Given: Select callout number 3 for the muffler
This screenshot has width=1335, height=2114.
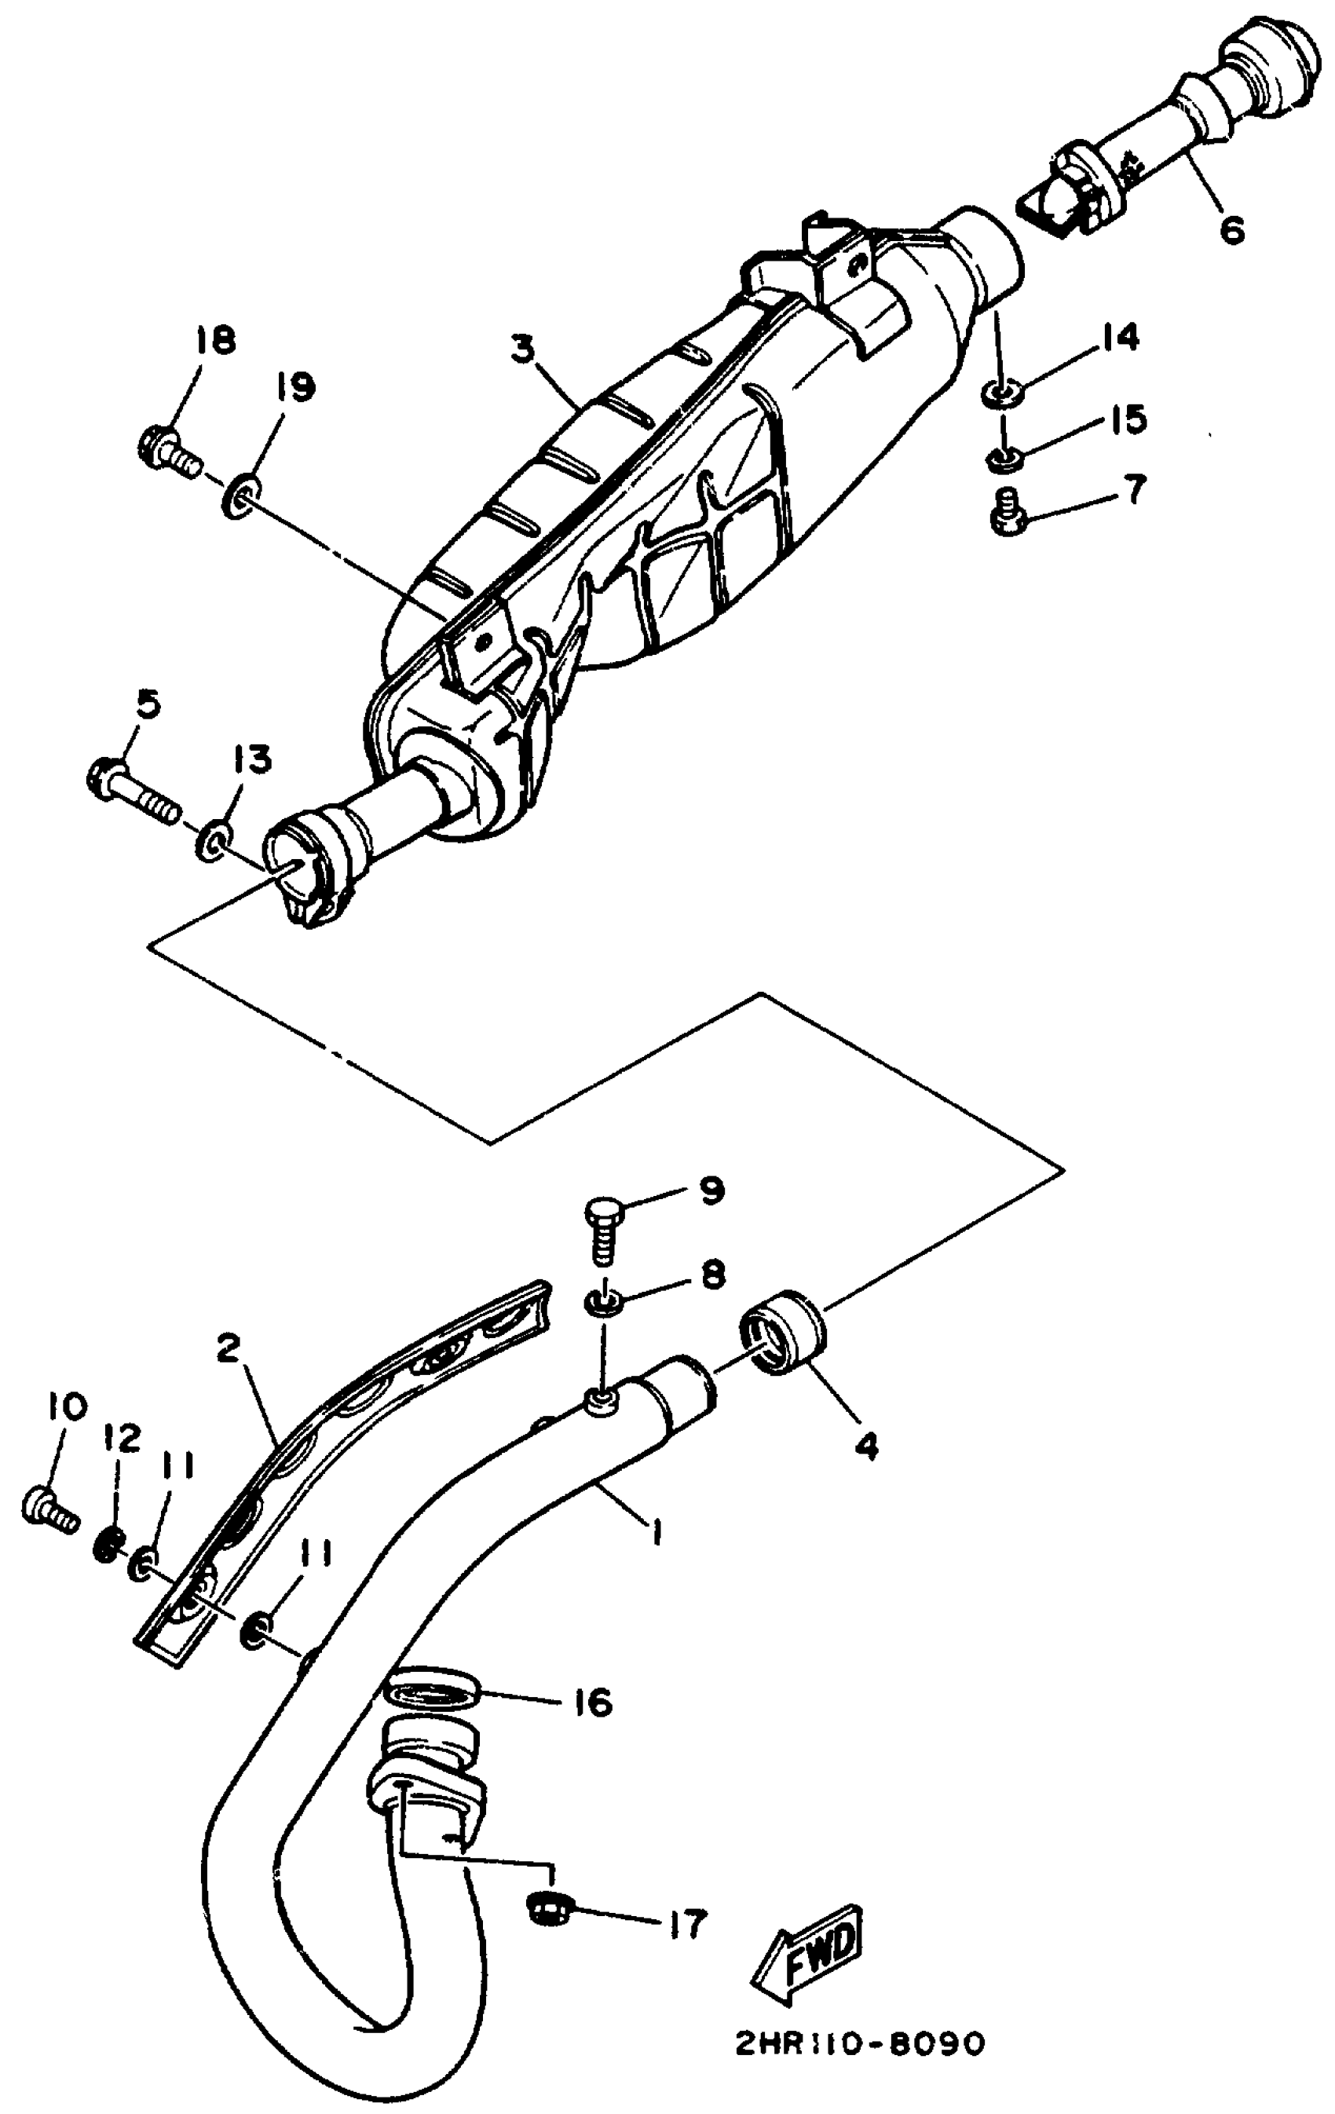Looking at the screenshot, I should pyautogui.click(x=523, y=349).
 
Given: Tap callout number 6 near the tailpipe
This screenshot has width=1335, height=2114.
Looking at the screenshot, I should pyautogui.click(x=1231, y=231).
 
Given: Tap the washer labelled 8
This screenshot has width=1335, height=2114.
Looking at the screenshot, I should pyautogui.click(x=604, y=1302).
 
